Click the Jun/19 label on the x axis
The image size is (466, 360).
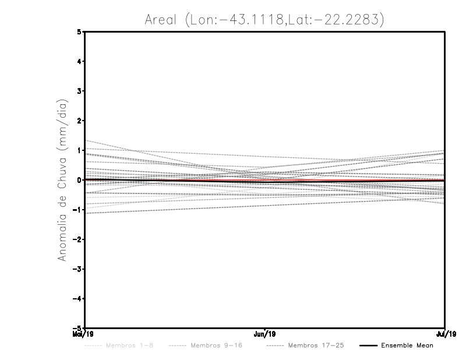pos(265,334)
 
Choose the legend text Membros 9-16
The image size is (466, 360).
pos(216,345)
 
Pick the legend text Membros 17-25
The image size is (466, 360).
pos(317,345)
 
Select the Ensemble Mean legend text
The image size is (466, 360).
pos(407,345)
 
